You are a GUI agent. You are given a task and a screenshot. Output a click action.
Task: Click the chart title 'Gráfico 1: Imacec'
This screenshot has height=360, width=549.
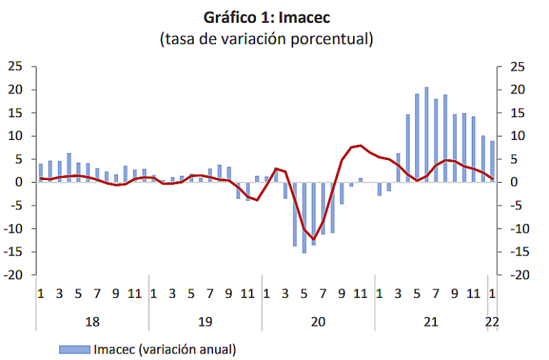point(267,16)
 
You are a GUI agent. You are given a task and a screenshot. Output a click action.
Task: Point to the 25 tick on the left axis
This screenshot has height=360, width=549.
point(16,66)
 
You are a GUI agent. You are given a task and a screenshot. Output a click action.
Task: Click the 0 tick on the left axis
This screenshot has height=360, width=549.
point(21,182)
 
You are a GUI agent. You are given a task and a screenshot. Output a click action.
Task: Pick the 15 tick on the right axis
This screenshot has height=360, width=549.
point(515,113)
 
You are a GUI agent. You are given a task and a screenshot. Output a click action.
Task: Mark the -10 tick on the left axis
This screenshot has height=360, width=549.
point(14,229)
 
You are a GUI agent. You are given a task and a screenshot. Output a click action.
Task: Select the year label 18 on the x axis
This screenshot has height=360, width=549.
point(91,322)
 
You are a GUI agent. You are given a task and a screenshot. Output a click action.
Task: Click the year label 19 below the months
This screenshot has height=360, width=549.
point(205,322)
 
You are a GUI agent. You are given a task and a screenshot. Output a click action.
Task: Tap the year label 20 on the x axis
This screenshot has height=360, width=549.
point(318,322)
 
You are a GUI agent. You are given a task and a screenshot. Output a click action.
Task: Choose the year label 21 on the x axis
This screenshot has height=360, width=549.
point(431,322)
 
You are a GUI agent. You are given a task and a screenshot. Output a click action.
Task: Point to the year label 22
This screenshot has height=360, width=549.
point(492,322)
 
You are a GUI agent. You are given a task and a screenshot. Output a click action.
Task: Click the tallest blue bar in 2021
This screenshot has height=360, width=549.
point(427,134)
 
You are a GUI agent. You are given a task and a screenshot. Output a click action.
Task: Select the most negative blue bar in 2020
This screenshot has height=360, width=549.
point(304,217)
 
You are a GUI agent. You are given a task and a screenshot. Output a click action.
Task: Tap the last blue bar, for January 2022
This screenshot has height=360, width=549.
point(492,161)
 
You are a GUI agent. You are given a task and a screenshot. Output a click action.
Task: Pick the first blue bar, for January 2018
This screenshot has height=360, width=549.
point(41,173)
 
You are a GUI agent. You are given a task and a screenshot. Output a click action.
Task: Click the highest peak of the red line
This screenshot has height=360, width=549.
point(360,145)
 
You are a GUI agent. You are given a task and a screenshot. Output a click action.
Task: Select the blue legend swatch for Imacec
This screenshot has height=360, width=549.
point(74,349)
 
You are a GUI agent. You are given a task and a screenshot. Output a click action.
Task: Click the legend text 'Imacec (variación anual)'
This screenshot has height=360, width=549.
point(164,349)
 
